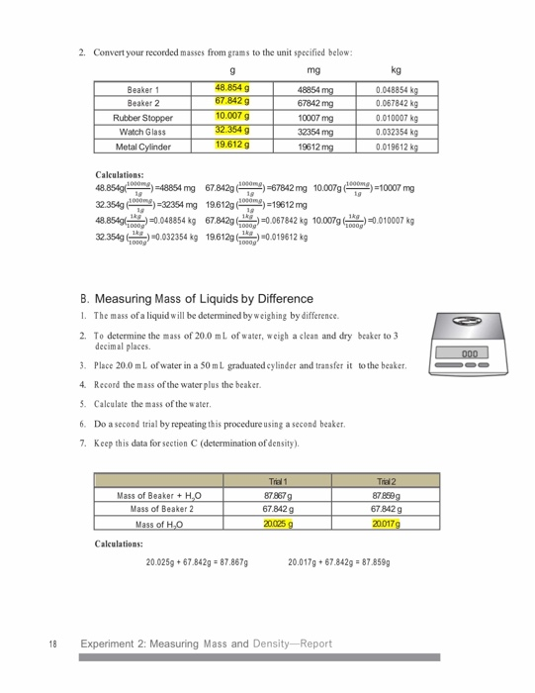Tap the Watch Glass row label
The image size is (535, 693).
click(x=143, y=132)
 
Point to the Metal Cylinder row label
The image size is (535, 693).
click(x=143, y=147)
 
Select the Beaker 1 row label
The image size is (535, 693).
click(x=143, y=90)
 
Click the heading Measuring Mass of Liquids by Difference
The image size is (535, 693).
click(x=202, y=298)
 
